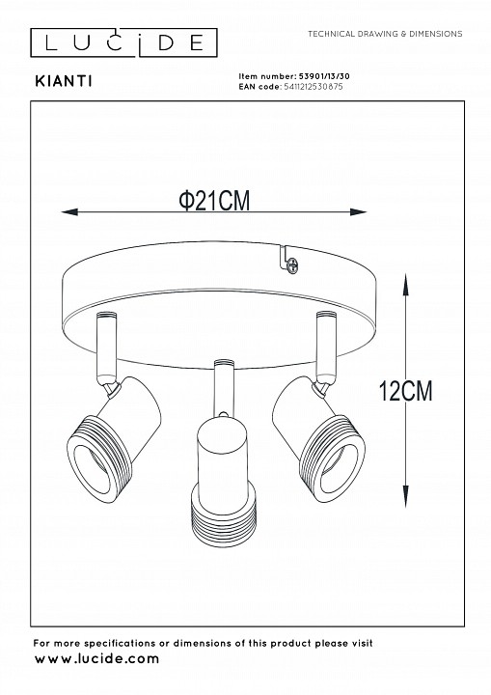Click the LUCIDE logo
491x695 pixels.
point(123,42)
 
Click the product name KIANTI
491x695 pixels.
point(64,81)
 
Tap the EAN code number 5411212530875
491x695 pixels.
point(313,87)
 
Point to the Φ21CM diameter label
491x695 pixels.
point(214,201)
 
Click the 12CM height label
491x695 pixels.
point(405,391)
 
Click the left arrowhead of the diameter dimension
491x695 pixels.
point(69,211)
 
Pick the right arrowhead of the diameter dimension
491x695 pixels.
point(358,211)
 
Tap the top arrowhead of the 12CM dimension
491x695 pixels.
point(405,285)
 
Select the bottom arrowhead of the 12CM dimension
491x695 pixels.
point(405,496)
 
